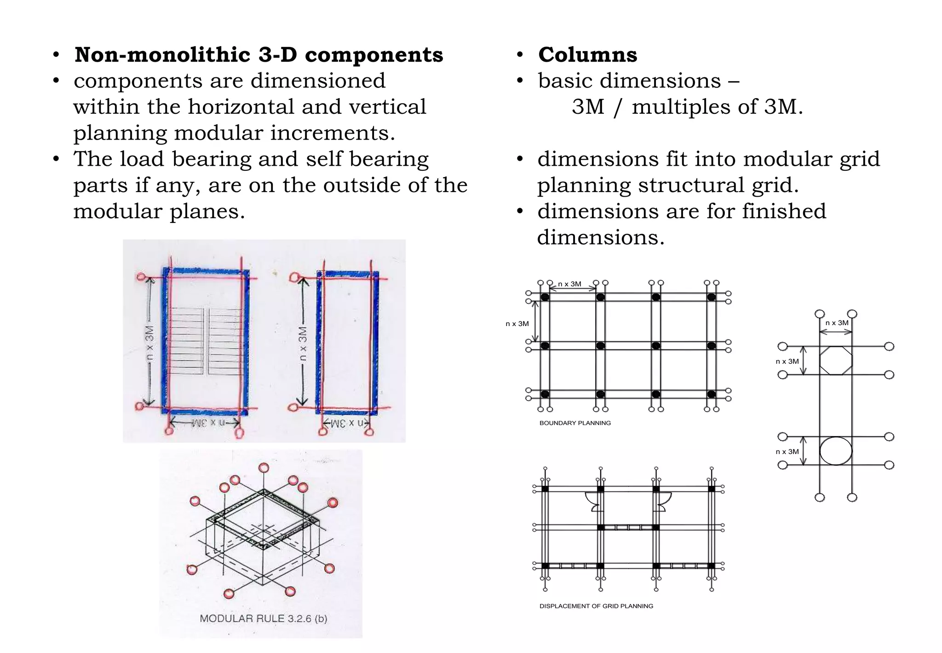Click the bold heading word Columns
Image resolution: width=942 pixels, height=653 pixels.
pos(587,55)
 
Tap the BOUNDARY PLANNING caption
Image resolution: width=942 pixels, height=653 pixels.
pos(575,423)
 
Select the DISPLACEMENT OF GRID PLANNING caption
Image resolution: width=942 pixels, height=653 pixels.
pos(596,606)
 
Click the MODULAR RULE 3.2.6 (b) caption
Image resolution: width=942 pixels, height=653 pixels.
pos(263,618)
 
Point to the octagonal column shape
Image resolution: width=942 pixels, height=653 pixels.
pos(836,361)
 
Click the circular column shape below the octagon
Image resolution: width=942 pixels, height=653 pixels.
pos(836,451)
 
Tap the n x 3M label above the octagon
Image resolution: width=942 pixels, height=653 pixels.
pos(837,323)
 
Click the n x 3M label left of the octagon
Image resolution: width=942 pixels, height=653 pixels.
pos(787,361)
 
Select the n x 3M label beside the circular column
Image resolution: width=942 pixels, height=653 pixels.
pos(787,452)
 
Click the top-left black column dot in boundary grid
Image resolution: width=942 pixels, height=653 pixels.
pos(545,297)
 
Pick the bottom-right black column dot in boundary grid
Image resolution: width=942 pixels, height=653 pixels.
pos(711,394)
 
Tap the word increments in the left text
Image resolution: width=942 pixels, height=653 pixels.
pos(332,133)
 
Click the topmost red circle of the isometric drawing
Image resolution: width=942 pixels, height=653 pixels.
pos(264,468)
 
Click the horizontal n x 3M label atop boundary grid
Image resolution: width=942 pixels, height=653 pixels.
pos(569,284)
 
